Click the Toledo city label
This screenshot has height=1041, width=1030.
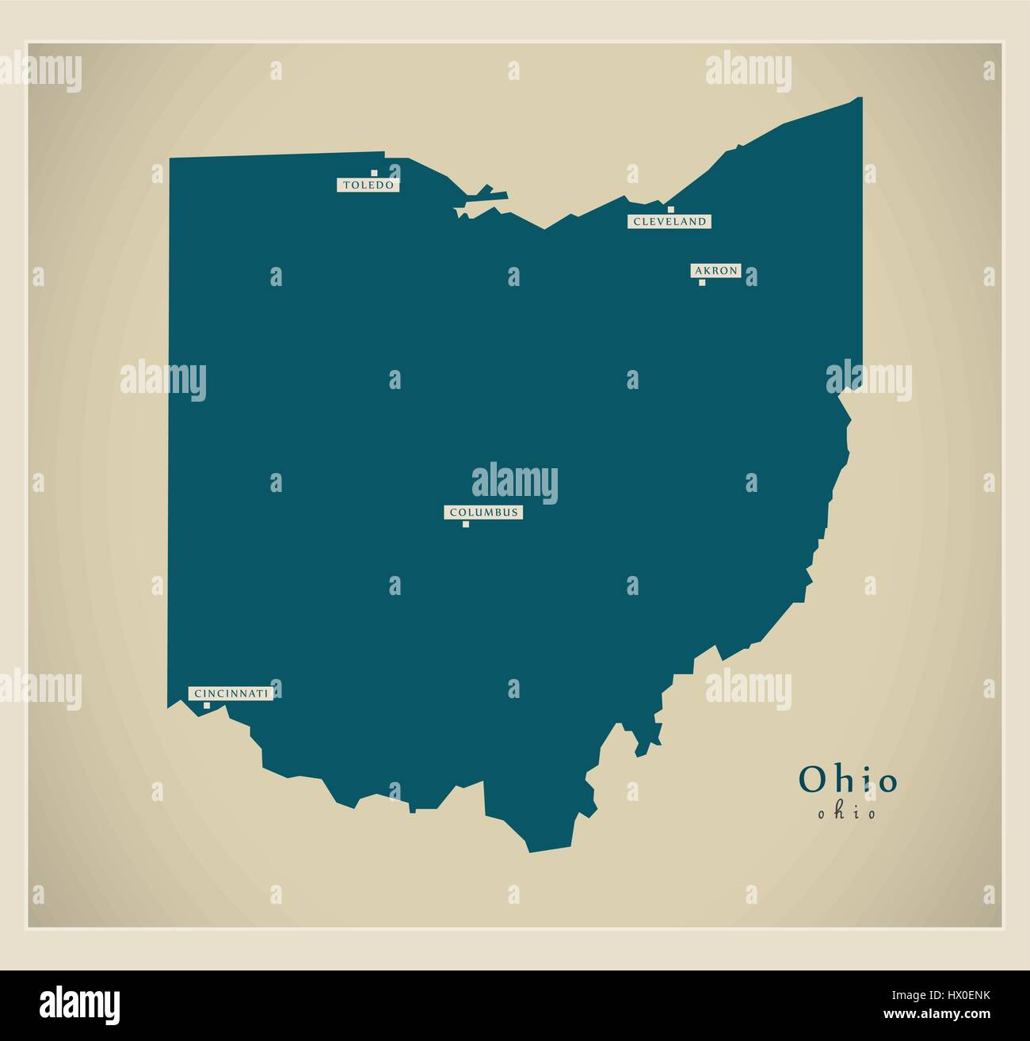pyautogui.click(x=367, y=185)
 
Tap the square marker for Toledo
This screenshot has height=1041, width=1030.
pyautogui.click(x=374, y=173)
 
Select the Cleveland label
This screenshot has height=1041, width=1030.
pyautogui.click(x=669, y=222)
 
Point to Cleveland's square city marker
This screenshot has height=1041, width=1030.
pyautogui.click(x=670, y=210)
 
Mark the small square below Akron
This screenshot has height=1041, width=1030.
pyautogui.click(x=701, y=282)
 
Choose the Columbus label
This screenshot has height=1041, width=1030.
pyautogui.click(x=483, y=513)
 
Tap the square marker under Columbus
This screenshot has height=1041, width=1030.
pyautogui.click(x=466, y=524)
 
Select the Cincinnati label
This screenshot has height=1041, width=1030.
pyautogui.click(x=231, y=693)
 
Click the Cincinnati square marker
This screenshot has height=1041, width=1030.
pyautogui.click(x=207, y=705)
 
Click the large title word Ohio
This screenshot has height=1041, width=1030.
pyautogui.click(x=848, y=780)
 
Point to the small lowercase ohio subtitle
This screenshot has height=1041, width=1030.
pyautogui.click(x=848, y=814)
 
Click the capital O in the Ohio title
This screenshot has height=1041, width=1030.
pyautogui.click(x=811, y=780)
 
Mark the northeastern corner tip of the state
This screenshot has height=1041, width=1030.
pyautogui.click(x=860, y=98)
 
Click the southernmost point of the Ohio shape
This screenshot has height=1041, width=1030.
pyautogui.click(x=529, y=852)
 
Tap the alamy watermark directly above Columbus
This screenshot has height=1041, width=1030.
pyautogui.click(x=515, y=483)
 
